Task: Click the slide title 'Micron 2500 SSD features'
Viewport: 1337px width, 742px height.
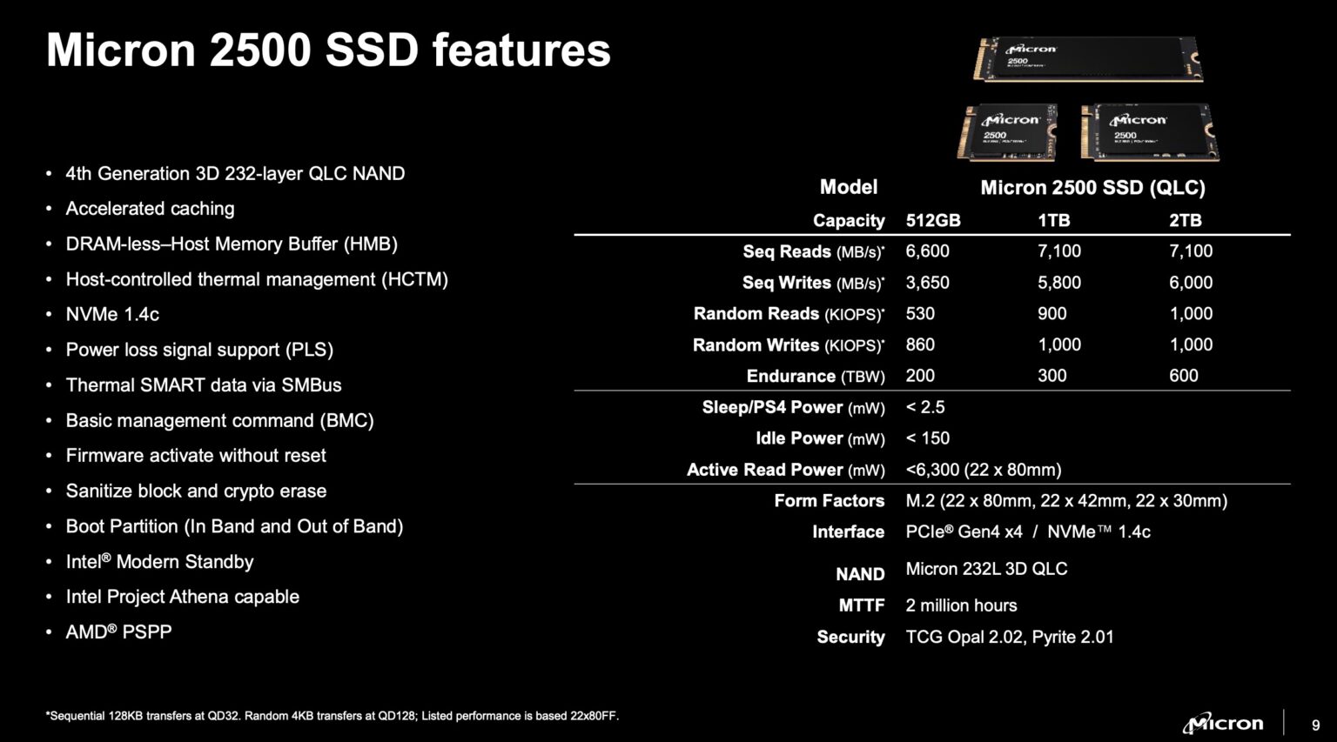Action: click(328, 50)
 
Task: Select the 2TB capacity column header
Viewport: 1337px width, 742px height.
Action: click(1185, 221)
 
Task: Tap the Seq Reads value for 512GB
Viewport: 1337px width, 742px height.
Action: click(927, 251)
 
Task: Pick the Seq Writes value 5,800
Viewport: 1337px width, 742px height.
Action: click(1058, 283)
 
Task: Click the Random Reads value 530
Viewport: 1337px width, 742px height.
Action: click(919, 314)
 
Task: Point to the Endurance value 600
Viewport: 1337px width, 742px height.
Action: click(1183, 376)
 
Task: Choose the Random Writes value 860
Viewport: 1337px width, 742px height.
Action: click(919, 345)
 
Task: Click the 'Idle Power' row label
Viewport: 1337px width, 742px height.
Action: click(819, 438)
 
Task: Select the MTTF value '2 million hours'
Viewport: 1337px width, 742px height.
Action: click(961, 605)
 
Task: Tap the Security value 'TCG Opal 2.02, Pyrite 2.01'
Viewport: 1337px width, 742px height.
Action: click(1009, 637)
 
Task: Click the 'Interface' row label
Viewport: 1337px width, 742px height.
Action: click(848, 532)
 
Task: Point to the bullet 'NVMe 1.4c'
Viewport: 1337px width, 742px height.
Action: click(112, 315)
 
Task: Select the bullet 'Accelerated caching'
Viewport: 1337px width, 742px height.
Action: click(150, 209)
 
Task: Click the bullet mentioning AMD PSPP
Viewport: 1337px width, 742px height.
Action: click(118, 632)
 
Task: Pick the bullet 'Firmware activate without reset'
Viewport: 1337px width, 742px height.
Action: click(196, 456)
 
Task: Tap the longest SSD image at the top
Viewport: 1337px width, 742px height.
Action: click(1087, 59)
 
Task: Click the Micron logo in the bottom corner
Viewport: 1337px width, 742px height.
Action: click(1222, 723)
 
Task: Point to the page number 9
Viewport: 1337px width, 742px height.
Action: click(1315, 725)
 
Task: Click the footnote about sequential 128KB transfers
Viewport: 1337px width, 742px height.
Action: click(332, 716)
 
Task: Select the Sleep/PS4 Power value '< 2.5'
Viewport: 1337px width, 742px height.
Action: click(924, 407)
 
